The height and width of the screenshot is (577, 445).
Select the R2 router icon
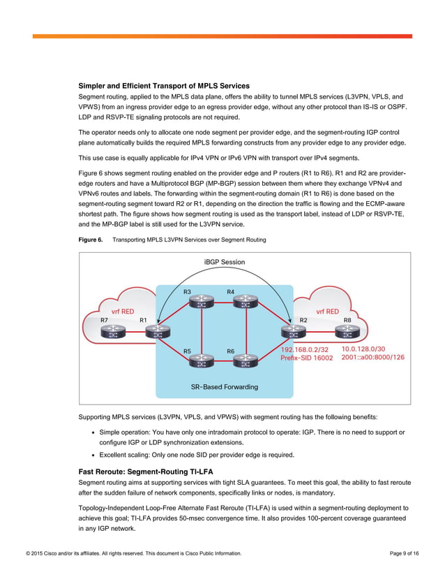289,335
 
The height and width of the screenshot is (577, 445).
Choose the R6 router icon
244,362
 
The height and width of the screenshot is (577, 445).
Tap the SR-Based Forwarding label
224,386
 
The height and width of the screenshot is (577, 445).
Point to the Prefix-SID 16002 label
306,358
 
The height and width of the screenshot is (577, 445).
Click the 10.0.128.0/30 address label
363,349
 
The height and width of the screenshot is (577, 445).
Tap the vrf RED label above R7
123,312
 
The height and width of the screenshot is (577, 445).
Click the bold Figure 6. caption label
91,240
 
